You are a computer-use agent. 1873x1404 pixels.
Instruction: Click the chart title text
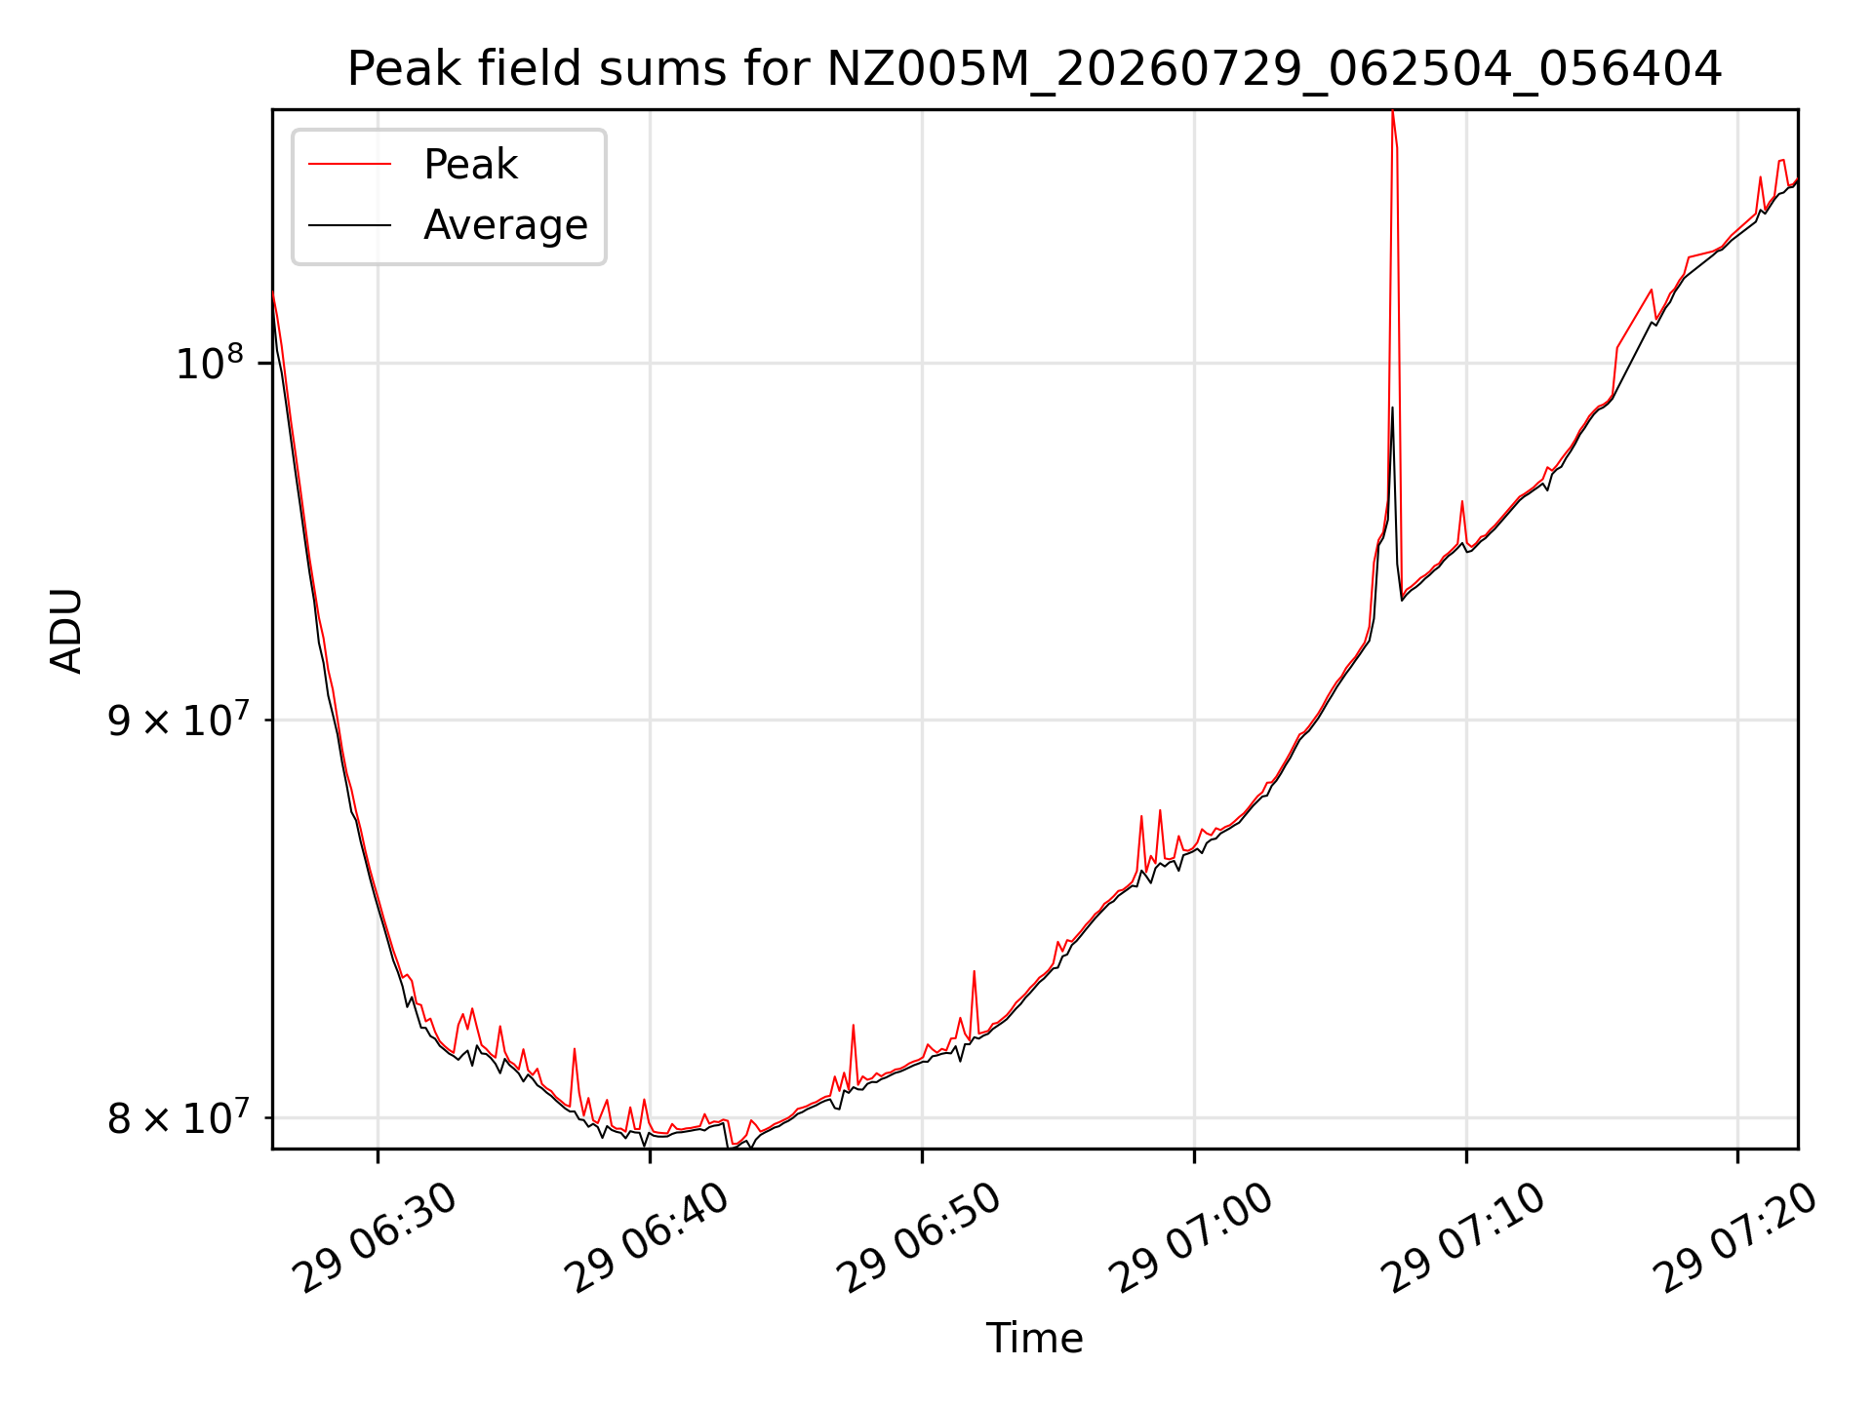tap(1034, 69)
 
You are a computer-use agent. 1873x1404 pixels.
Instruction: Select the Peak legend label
tap(470, 165)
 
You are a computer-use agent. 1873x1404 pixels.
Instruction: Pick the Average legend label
tap(505, 225)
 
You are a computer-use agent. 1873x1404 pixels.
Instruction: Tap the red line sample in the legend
tap(349, 164)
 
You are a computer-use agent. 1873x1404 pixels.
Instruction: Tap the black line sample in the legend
tap(349, 225)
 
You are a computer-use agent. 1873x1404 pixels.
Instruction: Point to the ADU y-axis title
tap(66, 630)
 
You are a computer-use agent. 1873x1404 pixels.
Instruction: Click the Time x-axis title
tap(1034, 1339)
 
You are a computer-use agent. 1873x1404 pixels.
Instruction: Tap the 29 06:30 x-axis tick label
tap(379, 1238)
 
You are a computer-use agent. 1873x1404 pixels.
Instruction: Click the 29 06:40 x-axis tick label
tap(650, 1238)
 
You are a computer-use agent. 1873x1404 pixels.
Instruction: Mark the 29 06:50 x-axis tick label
tap(922, 1238)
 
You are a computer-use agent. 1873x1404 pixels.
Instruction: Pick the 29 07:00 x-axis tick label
tap(1194, 1238)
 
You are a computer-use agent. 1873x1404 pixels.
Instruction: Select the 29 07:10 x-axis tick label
tap(1466, 1238)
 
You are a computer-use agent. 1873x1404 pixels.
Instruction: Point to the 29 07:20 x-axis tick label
tap(1737, 1238)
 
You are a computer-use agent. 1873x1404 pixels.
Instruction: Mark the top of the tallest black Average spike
tap(1392, 408)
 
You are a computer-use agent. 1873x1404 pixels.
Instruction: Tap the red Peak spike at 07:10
tap(1461, 502)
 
